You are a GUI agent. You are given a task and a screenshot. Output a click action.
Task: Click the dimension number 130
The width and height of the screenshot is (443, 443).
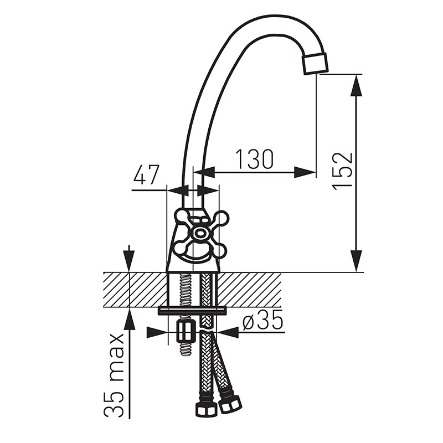coord(254,159)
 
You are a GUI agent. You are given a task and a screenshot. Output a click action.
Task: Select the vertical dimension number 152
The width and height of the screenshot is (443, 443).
coord(342,171)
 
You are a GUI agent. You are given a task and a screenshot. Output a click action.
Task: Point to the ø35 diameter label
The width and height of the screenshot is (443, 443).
coord(262,320)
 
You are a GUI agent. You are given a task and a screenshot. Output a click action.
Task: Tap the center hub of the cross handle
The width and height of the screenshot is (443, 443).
coord(200,233)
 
